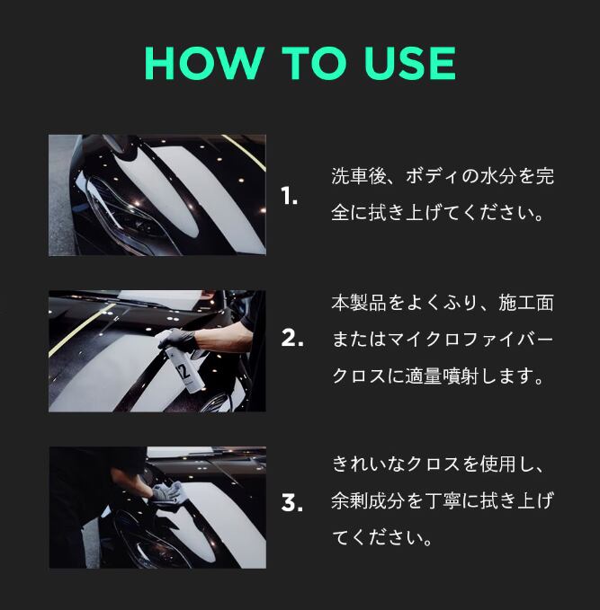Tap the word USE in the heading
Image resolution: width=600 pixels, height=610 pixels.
(x=410, y=63)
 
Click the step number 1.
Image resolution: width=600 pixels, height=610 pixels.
(x=289, y=196)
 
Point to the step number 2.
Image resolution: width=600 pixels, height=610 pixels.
(x=292, y=338)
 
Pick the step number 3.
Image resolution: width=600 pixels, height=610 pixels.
(x=291, y=502)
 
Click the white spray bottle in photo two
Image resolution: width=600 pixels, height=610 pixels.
(x=184, y=366)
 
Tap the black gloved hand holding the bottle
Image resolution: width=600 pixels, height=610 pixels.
(x=177, y=339)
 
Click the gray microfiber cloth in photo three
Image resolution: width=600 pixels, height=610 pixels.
(x=167, y=492)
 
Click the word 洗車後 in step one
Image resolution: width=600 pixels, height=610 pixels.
(x=359, y=176)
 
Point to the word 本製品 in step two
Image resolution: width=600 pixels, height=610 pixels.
(x=359, y=303)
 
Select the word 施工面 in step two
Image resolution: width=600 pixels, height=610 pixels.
(x=526, y=303)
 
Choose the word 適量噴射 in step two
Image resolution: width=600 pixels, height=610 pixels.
(x=442, y=376)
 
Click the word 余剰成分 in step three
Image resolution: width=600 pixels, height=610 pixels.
(x=367, y=500)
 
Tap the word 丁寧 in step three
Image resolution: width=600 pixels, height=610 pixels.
(x=442, y=500)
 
